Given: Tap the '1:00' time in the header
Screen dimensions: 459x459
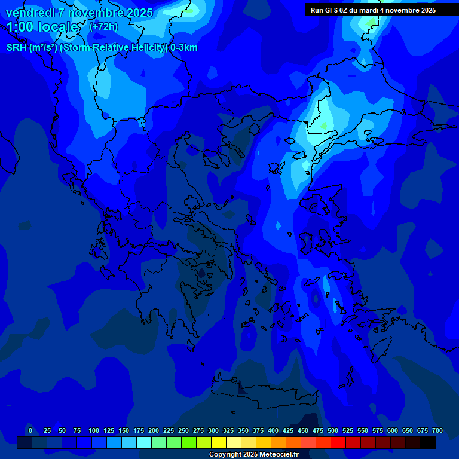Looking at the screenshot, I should click(x=20, y=27).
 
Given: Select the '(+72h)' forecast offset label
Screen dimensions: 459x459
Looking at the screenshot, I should click(x=103, y=26).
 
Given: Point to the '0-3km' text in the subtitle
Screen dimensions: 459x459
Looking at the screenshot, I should click(x=183, y=48).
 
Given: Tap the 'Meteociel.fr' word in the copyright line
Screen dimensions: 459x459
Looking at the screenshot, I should click(x=278, y=455).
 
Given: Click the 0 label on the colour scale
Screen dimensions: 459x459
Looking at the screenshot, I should click(x=30, y=430).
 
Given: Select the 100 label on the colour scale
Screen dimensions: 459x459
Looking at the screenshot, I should click(x=94, y=430).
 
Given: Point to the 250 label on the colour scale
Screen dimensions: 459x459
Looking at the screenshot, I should click(x=183, y=430).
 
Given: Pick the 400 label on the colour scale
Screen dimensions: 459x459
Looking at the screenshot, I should click(x=273, y=430).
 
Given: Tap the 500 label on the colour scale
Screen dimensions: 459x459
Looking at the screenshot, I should click(x=333, y=430).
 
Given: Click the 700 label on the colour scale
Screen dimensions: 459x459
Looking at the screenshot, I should click(x=437, y=430).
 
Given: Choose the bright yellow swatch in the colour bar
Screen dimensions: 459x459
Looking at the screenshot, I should click(x=219, y=443).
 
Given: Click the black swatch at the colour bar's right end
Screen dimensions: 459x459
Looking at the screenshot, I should click(x=428, y=443).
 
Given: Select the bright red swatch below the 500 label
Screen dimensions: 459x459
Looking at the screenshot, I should click(x=338, y=443).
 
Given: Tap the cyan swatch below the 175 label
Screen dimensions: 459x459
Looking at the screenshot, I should click(x=144, y=443).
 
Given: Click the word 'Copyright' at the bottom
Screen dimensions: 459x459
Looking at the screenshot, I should click(x=226, y=455).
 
